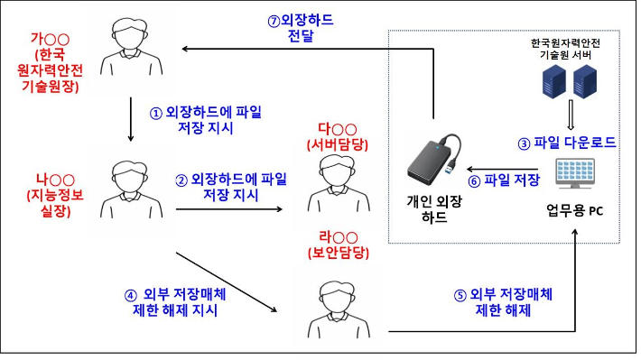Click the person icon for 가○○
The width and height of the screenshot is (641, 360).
[x=131, y=47]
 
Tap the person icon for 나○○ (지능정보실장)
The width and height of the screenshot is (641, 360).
[x=131, y=190]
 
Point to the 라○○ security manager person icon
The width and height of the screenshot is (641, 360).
[x=339, y=309]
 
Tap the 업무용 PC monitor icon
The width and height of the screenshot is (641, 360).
[x=575, y=174]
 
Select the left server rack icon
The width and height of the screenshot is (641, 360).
[x=554, y=82]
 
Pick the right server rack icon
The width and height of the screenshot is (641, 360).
[x=585, y=82]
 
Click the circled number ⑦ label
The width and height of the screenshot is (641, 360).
[x=274, y=21]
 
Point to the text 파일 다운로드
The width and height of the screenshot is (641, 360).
[x=574, y=143]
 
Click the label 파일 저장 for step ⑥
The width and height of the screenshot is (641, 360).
[x=511, y=180]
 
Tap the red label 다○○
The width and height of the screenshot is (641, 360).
[x=338, y=129]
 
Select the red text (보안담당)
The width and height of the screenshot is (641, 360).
[x=339, y=253]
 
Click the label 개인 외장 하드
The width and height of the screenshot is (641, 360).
[x=434, y=208]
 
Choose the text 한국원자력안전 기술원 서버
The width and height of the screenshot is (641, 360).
[x=565, y=49]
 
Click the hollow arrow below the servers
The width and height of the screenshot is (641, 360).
[x=571, y=115]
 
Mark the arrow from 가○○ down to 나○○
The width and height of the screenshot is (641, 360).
[x=131, y=119]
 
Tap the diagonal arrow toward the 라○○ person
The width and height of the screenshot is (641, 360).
[x=227, y=282]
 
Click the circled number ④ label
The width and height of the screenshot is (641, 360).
[x=130, y=296]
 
